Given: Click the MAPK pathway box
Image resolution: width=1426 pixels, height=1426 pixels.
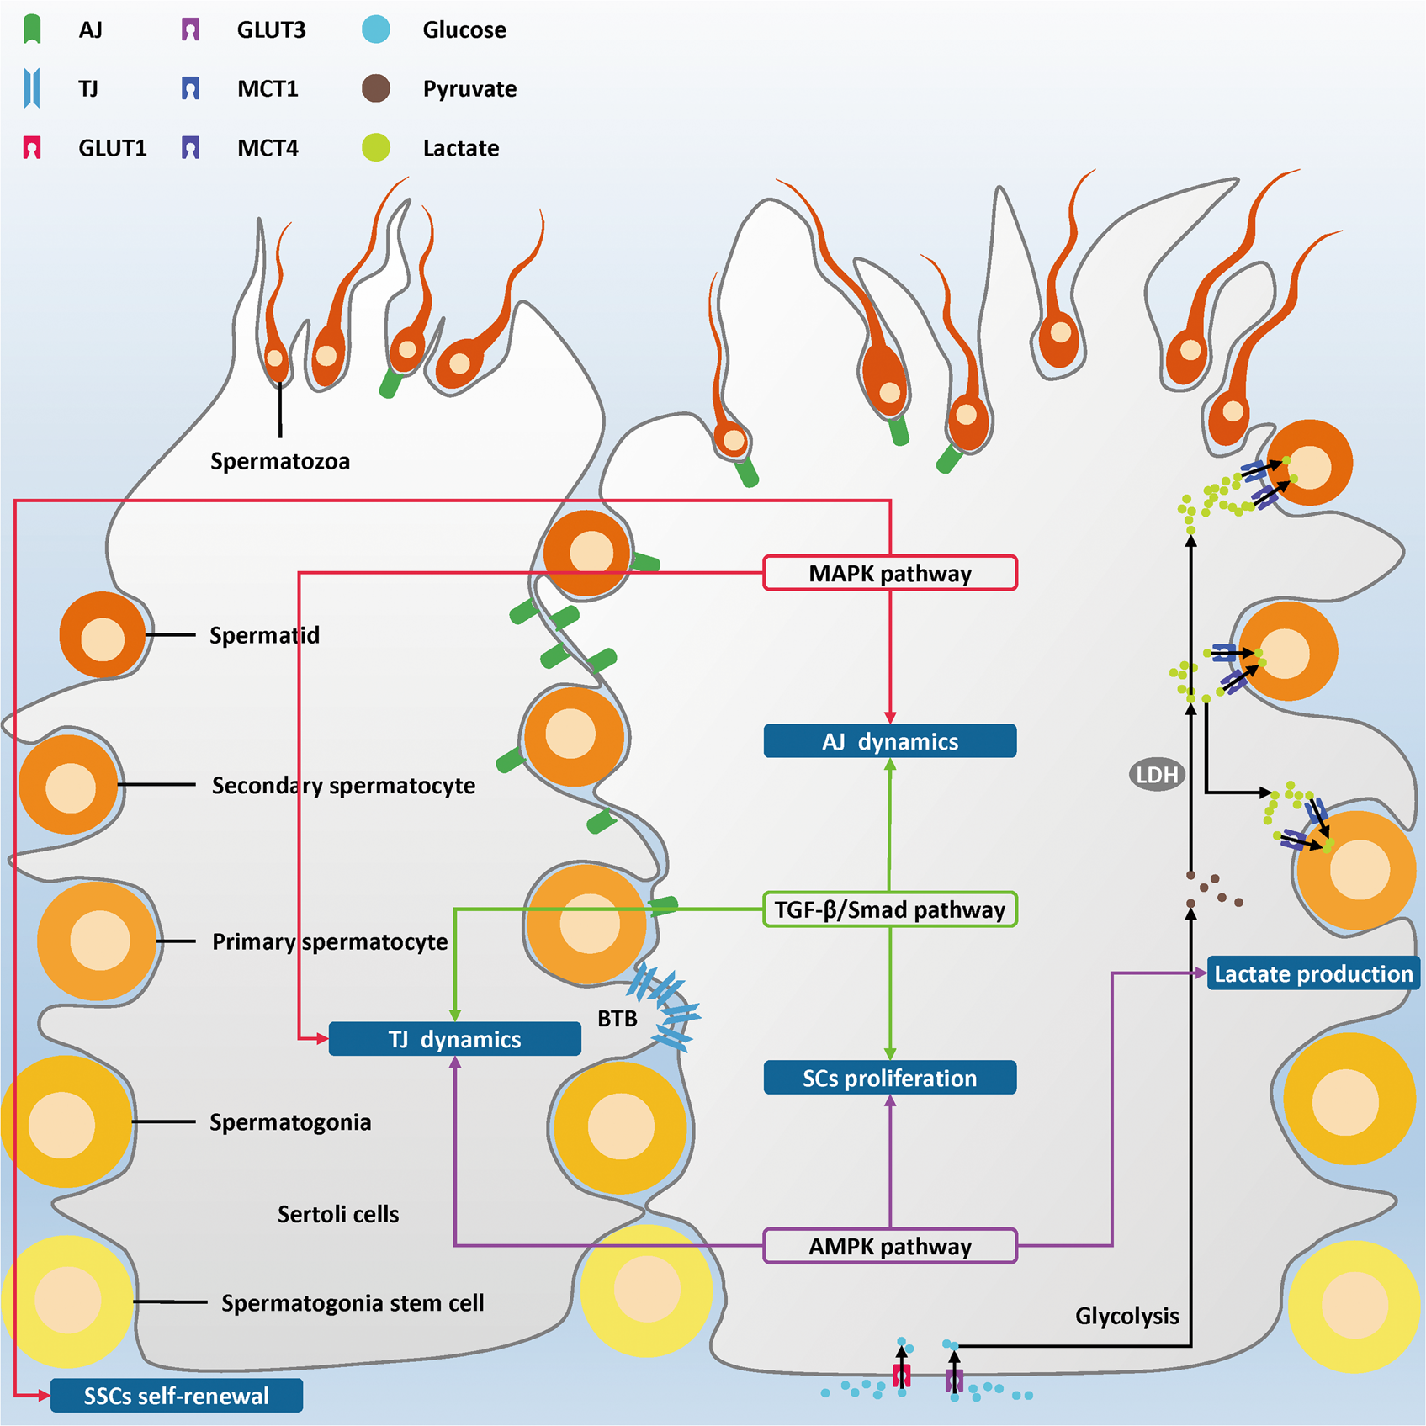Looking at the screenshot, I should point(890,573).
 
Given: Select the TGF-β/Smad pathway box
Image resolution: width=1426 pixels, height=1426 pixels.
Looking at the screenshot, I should point(890,909).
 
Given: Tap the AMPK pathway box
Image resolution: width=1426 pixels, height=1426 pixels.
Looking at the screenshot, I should point(890,1246).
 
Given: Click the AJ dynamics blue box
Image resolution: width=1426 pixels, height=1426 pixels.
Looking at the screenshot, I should point(890,741).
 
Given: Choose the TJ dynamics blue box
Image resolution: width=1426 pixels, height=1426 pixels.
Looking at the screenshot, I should point(454,1039).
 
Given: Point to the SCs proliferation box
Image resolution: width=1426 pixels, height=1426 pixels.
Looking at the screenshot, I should point(890,1078).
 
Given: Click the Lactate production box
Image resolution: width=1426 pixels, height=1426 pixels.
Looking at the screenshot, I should point(1313,973).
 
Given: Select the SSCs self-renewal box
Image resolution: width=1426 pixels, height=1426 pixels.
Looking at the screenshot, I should point(177,1396).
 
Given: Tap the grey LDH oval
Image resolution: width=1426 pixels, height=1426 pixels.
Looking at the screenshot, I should point(1157,775).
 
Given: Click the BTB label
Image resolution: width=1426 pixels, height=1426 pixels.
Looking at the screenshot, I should point(617,1019).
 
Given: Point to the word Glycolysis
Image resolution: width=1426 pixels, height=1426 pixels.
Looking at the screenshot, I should point(1126,1316).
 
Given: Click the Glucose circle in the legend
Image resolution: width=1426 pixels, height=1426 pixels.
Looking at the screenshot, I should point(376,29).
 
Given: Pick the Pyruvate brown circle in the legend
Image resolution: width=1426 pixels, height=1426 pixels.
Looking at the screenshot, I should point(376,88).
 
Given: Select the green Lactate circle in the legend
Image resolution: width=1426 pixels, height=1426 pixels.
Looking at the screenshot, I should point(376,148).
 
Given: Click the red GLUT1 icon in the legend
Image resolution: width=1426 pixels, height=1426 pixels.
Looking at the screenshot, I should point(32,148).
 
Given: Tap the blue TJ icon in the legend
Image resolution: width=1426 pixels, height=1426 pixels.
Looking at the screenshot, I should point(32,88).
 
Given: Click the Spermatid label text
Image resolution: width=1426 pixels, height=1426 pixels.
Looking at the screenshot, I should point(264,635).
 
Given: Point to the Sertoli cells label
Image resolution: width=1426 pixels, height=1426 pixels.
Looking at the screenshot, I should point(338,1214).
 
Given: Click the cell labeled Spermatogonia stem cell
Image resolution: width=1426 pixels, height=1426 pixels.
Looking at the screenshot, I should point(67,1301).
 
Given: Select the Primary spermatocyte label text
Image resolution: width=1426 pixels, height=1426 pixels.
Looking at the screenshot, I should point(330,941).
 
